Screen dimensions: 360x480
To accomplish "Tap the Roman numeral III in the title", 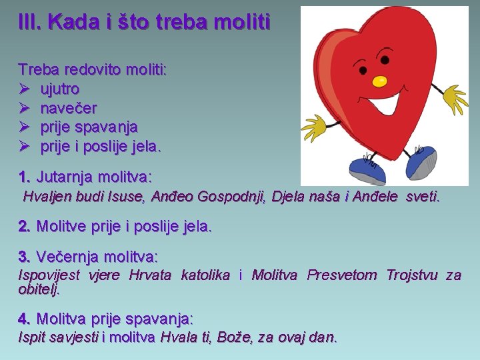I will click(30, 22).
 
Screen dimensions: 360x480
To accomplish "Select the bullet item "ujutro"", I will click(60, 89).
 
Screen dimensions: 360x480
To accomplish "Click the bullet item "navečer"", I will click(69, 107).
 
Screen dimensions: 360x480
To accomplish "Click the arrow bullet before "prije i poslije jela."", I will click(25, 146).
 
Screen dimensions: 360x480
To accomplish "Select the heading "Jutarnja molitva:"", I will click(94, 177).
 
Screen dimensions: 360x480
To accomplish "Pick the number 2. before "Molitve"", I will click(25, 226).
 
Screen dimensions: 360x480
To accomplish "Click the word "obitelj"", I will click(39, 289).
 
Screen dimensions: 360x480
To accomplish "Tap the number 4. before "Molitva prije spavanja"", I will click(25, 319).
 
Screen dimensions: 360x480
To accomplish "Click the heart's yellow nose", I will click(379, 81).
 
